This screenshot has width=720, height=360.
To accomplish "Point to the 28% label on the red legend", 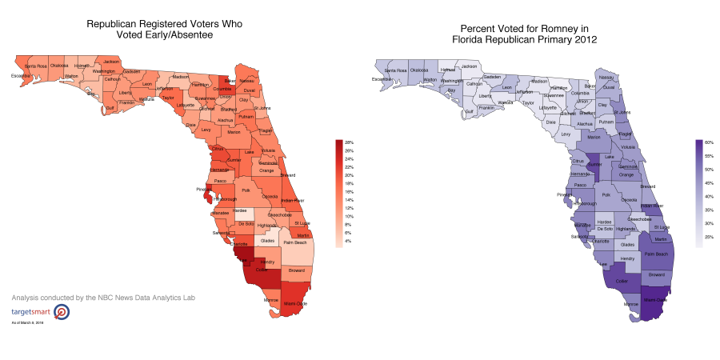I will pos(349,142).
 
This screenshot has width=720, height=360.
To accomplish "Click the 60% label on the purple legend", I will pos(709,142).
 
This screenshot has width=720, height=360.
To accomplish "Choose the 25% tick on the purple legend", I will pos(709,238).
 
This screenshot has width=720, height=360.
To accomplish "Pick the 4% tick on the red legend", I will pos(348,241).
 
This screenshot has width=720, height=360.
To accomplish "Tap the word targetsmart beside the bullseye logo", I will pos(29,310).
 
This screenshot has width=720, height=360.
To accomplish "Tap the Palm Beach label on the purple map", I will pos(655,254).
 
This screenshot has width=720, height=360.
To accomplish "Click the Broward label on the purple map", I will pos(656,275).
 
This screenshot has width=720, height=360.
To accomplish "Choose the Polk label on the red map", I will pos(246,191).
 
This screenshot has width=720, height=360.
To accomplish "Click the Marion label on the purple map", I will pos(593,137).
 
